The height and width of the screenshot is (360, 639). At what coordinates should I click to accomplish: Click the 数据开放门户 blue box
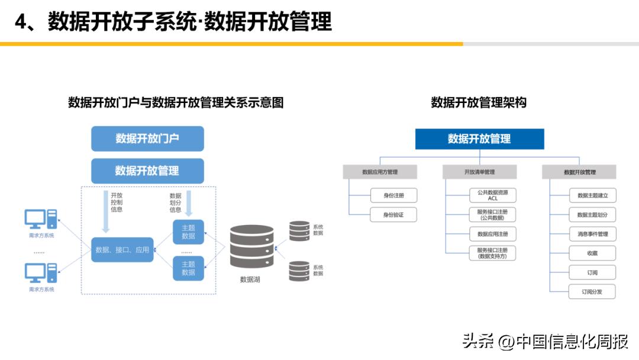pos(147,139)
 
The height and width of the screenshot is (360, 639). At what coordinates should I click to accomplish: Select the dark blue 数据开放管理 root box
pos(479,139)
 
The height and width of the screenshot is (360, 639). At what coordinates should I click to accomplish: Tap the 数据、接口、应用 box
pos(122,250)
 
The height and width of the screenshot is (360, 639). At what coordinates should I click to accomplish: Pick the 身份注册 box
pos(393,195)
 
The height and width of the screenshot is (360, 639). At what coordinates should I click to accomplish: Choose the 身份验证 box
pos(393,214)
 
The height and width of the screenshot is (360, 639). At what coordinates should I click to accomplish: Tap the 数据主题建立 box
pos(592,195)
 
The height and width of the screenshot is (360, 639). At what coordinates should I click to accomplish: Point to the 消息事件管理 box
pos(592,234)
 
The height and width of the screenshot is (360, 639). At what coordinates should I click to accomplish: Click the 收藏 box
pos(592,253)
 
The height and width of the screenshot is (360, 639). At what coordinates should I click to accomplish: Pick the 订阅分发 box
pos(592,291)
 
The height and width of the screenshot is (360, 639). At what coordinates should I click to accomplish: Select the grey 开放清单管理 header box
pos(479,172)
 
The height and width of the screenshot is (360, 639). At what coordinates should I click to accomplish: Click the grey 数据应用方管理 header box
pos(380,172)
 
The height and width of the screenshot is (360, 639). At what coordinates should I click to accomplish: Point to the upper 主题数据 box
pos(188,232)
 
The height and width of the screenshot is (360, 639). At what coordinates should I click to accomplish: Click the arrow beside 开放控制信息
pos(106,211)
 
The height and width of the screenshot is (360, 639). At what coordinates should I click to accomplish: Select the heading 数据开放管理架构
pos(479,102)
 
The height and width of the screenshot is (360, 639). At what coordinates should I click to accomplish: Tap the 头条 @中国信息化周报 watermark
pos(545,342)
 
